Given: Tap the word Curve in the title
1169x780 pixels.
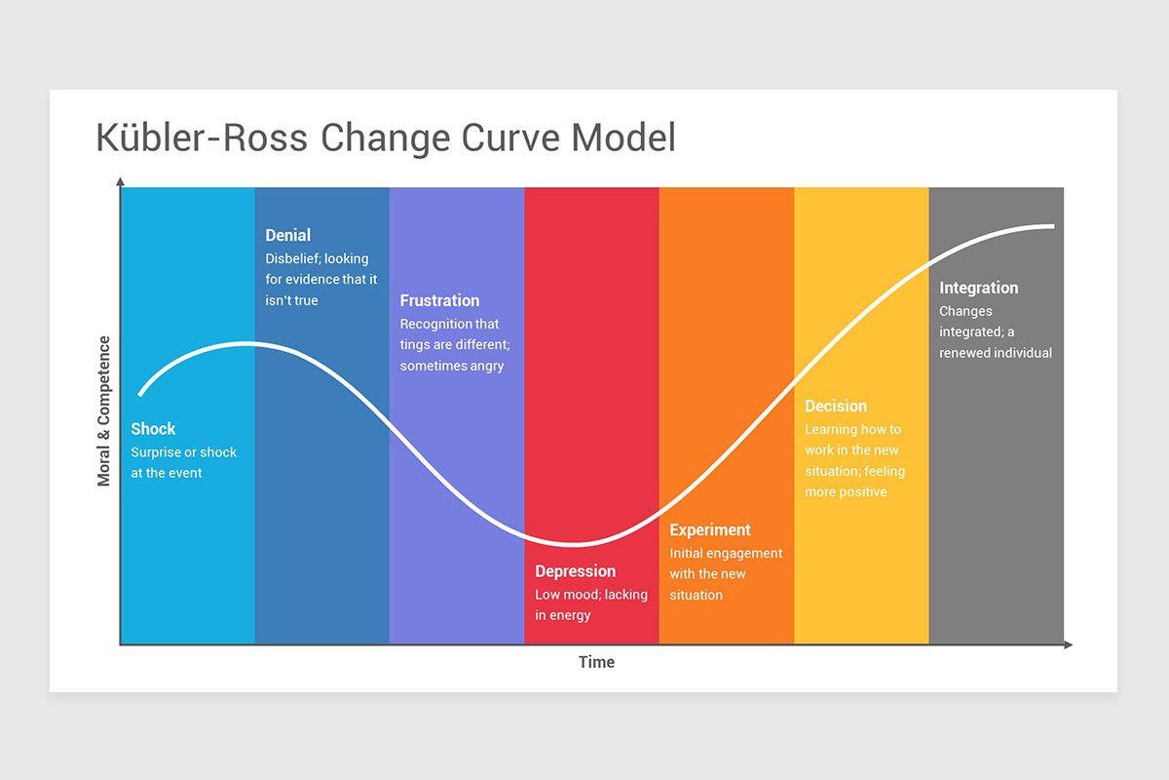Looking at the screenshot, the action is click(510, 138).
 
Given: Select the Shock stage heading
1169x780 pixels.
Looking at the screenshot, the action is click(153, 429).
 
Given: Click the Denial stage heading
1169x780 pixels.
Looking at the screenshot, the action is click(287, 235).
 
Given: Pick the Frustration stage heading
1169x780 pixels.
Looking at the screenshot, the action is click(439, 300).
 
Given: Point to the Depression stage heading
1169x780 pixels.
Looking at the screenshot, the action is click(575, 571).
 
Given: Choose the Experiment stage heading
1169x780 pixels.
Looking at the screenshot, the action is click(709, 530).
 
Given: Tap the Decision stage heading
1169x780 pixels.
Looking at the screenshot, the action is click(835, 407).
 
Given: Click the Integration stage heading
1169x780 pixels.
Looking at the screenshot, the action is click(978, 288).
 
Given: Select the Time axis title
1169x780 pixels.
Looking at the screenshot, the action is click(596, 662).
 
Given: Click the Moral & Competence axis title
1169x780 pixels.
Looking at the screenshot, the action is click(104, 411).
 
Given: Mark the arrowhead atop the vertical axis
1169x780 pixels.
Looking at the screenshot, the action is click(120, 182).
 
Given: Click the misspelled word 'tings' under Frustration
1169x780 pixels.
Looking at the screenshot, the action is click(416, 345).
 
